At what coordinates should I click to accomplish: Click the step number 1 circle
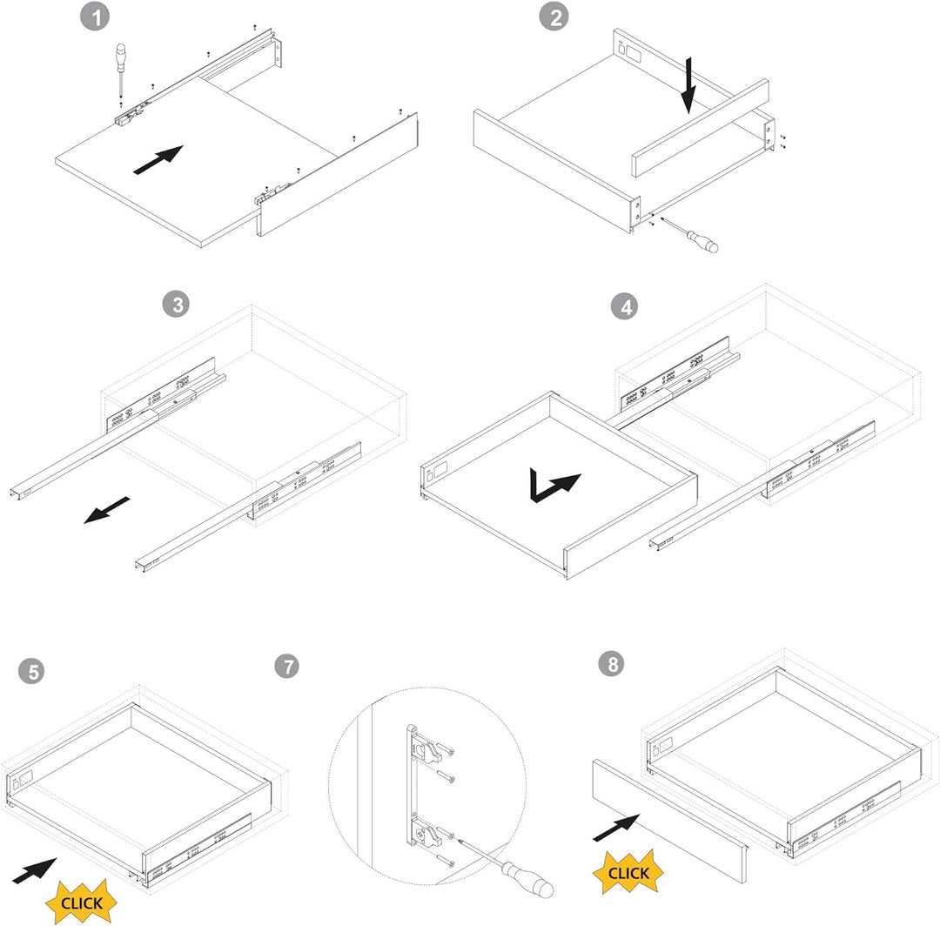click(95, 17)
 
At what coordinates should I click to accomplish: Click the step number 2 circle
click(554, 17)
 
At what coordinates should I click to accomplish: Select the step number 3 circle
click(176, 305)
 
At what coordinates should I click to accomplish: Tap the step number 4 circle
click(625, 306)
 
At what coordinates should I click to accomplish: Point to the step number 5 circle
click(32, 671)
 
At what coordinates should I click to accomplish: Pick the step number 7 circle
click(288, 666)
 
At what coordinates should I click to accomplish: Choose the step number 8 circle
click(612, 663)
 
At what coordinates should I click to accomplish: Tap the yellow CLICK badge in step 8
click(628, 872)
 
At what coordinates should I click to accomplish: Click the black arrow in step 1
click(158, 159)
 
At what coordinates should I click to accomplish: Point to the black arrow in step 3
click(107, 509)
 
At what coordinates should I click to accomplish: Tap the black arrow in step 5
click(34, 871)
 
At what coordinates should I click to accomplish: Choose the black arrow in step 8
click(616, 828)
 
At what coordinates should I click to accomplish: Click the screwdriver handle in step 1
click(120, 54)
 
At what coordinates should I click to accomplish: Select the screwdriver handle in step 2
click(702, 241)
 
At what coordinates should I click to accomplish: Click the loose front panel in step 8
click(670, 820)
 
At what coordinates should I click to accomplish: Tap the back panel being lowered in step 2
click(700, 128)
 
